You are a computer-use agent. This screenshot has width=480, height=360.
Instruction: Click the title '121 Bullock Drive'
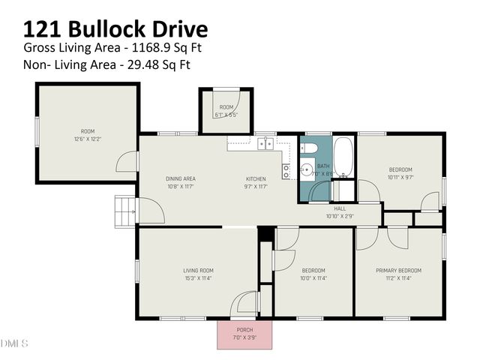115,28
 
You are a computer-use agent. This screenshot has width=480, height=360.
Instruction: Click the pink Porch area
244,335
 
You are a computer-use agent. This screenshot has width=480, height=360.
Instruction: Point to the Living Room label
199,270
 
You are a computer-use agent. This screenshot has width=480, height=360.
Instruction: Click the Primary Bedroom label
398,270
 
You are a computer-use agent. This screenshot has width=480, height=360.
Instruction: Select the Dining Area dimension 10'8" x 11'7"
180,187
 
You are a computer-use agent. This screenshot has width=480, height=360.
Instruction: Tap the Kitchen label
256,178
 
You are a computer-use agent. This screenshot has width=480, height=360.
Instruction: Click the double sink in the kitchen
265,142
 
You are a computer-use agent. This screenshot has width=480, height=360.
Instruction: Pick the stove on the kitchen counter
286,172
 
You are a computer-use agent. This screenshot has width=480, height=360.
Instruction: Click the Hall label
340,208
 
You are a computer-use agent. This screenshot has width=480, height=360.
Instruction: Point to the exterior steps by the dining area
123,212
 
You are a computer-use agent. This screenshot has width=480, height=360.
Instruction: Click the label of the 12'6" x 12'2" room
88,131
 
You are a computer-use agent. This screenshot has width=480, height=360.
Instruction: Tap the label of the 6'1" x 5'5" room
226,107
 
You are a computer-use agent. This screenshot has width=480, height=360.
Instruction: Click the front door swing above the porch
245,304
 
